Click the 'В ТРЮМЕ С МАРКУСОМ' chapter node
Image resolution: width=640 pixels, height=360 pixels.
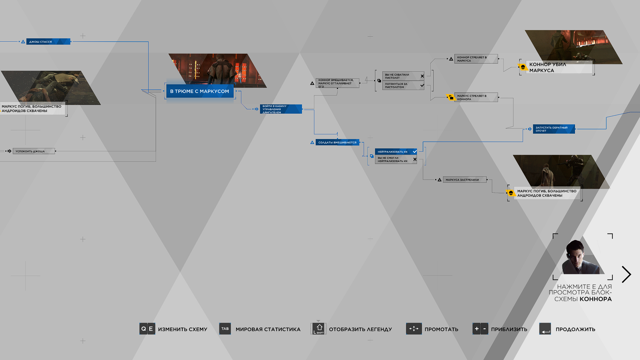pos(200,91)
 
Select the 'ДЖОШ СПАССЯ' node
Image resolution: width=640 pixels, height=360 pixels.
pos(48,42)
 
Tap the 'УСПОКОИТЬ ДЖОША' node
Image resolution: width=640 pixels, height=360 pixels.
pos(34,151)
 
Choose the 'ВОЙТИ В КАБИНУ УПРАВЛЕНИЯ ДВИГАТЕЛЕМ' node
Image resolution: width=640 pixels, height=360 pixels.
pos(281,109)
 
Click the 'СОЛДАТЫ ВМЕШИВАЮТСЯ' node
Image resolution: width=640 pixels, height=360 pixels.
pos(337,142)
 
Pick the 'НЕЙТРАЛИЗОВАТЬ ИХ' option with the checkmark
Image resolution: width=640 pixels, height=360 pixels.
pos(396,152)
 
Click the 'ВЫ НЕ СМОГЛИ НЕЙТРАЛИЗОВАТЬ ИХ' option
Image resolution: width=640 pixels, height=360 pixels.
pos(396,160)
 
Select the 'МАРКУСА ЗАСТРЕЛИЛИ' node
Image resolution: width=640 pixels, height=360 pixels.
pos(465,180)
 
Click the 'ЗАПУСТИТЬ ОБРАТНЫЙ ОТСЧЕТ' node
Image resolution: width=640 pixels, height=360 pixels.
pos(554,129)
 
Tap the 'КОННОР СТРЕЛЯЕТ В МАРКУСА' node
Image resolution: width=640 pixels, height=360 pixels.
pos(476,59)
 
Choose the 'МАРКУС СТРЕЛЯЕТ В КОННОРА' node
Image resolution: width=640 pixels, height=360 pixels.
pos(476,97)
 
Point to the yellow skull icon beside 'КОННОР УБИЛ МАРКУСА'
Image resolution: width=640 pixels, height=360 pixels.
pos(523,67)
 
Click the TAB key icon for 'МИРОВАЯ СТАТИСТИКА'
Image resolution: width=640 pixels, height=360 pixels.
pos(225,329)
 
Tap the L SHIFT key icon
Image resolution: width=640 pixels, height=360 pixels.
pos(319,329)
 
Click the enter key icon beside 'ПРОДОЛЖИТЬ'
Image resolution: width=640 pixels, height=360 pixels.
pos(545,329)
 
